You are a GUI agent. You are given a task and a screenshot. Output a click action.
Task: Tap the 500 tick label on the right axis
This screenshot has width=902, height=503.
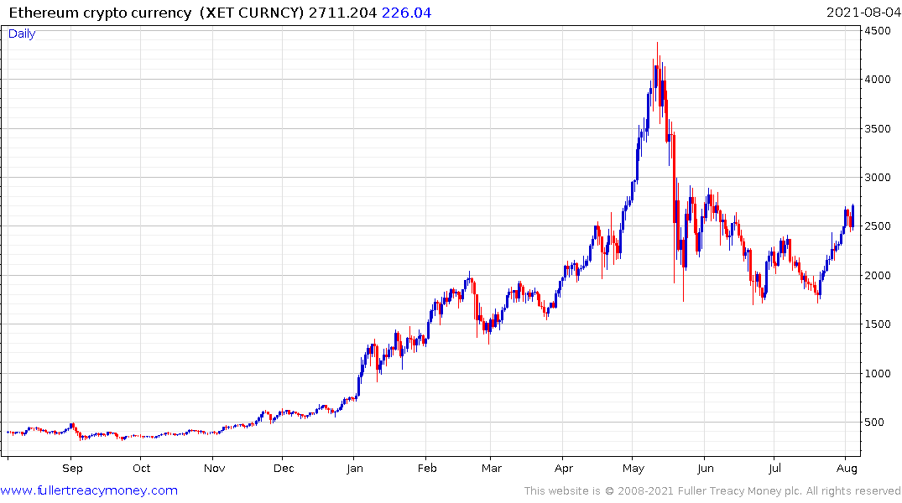coord(875,423)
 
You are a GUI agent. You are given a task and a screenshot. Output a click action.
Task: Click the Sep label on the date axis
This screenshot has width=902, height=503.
coord(72,469)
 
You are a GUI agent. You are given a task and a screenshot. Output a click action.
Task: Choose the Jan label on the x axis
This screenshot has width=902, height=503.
coord(355,469)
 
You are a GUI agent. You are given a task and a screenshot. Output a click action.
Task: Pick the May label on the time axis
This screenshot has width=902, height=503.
coord(633,469)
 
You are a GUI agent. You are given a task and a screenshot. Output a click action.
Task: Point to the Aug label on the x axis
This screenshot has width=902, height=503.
coord(846,469)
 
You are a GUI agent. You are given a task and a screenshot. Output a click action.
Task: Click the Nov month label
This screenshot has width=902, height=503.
coord(215,469)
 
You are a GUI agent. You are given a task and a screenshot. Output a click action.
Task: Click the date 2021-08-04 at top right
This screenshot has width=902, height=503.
coord(863,13)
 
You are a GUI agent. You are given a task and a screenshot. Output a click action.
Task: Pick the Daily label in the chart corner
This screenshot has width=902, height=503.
coord(22,34)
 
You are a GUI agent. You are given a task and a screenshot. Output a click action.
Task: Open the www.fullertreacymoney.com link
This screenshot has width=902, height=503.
coord(89,490)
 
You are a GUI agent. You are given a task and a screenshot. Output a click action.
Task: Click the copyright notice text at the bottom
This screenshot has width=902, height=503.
coord(712,490)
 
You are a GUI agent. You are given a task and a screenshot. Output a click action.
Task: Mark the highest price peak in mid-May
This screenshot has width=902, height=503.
coord(657,43)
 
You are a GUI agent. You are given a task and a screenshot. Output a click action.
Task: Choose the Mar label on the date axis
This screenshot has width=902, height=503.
coord(492,469)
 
